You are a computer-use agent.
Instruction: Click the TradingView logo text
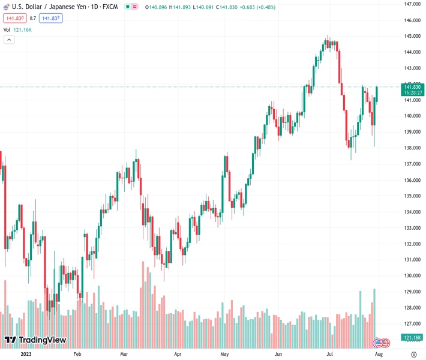point(42,340)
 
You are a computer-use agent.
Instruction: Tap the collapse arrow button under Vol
point(9,40)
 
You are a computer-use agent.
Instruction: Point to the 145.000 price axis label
point(412,36)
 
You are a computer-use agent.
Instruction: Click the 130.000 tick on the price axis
point(412,276)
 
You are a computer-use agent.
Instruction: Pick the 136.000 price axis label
point(412,180)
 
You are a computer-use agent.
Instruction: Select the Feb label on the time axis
point(77,354)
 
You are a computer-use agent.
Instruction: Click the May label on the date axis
point(225,354)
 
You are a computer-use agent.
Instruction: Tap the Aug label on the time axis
point(379,354)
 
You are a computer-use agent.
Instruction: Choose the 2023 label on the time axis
point(26,354)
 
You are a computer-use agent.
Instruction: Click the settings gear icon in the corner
point(414,354)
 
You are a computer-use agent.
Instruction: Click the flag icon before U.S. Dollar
point(7,6)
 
